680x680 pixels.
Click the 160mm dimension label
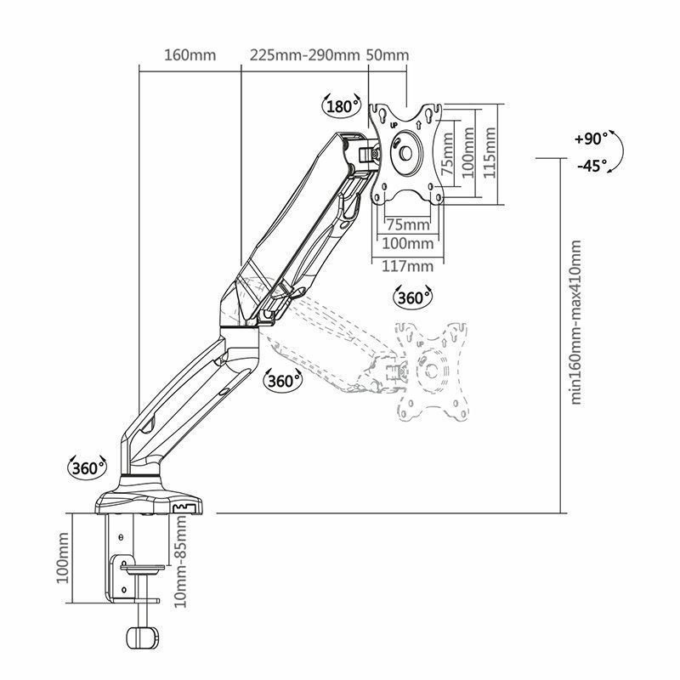190,55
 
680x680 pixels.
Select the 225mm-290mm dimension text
304,55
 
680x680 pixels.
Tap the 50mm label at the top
388,55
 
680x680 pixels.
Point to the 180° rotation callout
341,106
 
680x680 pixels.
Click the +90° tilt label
591,138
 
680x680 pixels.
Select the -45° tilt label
591,166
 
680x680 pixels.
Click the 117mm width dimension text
408,265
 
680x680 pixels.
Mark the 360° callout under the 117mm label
414,297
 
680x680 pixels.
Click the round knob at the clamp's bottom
142,637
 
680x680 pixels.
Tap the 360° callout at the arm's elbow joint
283,380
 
